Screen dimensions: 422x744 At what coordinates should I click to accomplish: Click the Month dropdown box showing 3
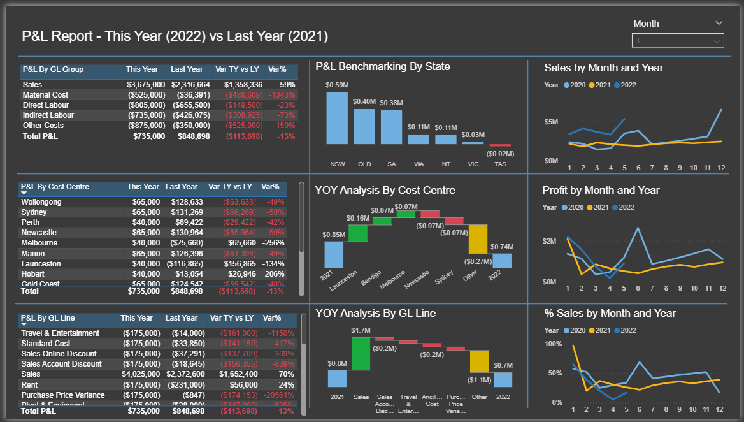(x=678, y=41)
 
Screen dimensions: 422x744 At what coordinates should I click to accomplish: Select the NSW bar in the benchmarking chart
(x=337, y=118)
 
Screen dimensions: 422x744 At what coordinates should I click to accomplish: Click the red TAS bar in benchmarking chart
(x=500, y=145)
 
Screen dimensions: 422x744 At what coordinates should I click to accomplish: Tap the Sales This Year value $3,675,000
(x=146, y=85)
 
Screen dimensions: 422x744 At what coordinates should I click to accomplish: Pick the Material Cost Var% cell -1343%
(x=282, y=95)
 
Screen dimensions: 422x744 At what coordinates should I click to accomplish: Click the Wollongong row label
(x=41, y=202)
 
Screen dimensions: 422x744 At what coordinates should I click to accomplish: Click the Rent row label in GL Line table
(x=29, y=384)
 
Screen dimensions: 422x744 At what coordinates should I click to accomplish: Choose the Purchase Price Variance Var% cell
(x=280, y=395)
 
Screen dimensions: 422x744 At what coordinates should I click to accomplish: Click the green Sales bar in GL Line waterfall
(x=361, y=353)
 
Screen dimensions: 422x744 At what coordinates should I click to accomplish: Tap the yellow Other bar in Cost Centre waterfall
(x=478, y=239)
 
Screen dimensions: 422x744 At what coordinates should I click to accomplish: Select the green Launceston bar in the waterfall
(x=357, y=233)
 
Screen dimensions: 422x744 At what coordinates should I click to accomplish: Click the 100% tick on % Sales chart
(x=553, y=344)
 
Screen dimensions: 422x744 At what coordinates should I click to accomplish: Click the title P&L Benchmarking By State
(x=383, y=67)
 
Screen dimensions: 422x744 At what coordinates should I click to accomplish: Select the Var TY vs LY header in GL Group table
(x=236, y=69)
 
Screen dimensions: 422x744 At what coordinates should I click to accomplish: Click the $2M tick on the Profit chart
(x=550, y=241)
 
